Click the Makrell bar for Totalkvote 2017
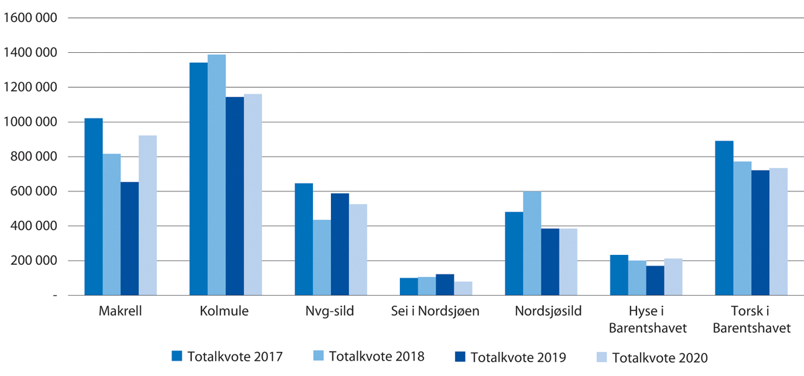(94, 207)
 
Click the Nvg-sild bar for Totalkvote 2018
(322, 258)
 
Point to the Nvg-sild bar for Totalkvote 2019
(340, 244)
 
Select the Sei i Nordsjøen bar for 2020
(463, 288)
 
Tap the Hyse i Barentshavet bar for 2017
(619, 275)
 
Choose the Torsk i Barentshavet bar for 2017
(724, 218)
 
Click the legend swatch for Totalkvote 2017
(177, 355)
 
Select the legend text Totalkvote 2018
(377, 356)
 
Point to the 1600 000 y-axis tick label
(29, 18)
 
